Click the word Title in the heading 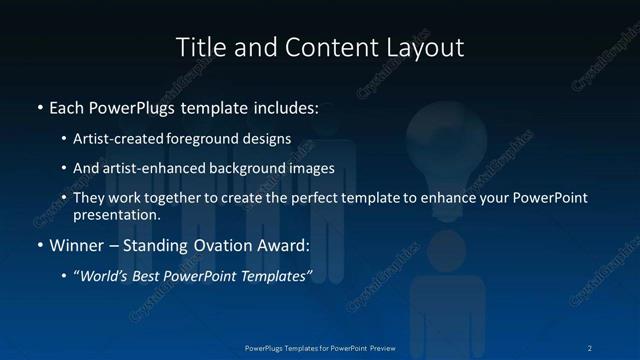pyautogui.click(x=201, y=47)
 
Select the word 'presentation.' pyautogui.click(x=117, y=214)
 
